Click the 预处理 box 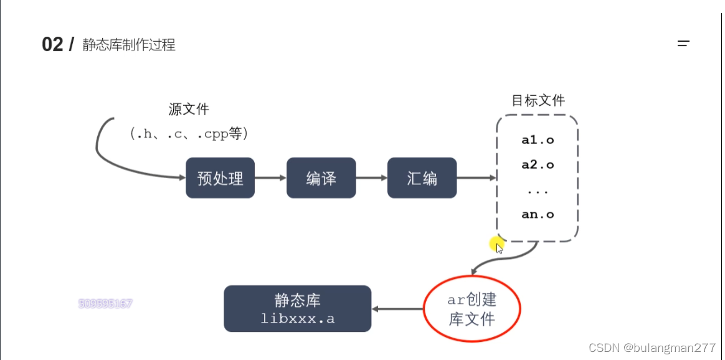220,178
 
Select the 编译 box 321,178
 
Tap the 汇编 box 422,178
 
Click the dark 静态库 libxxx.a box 297,308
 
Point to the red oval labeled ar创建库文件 471,309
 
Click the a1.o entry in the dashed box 538,140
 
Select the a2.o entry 538,165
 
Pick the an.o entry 538,214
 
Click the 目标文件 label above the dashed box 538,100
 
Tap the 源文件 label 189,110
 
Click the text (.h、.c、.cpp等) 189,133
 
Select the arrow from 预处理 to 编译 270,178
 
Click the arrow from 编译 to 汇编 371,178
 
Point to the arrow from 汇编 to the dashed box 476,178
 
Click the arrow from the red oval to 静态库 397,308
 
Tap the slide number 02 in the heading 52,45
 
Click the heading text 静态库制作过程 129,45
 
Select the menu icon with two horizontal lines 683,44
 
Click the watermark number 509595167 105,304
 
